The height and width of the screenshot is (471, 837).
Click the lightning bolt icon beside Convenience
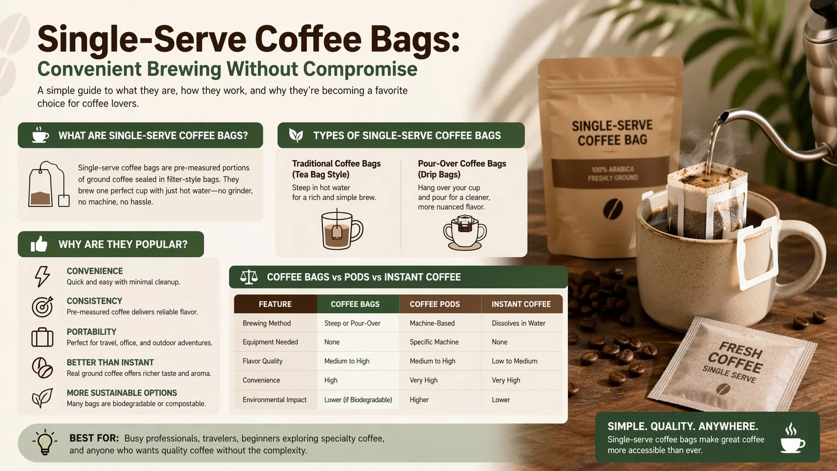pos(42,276)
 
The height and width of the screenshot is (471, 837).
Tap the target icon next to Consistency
pos(42,307)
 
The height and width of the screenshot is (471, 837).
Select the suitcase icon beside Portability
pos(42,337)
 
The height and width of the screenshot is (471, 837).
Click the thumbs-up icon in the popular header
pos(39,244)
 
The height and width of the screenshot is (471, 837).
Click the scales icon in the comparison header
pos(249,277)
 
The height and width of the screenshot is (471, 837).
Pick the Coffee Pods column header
pos(435,304)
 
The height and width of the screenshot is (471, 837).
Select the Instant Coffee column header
pos(521,304)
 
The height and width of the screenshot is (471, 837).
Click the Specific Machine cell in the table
pos(434,342)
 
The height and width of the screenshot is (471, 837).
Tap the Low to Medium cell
pos(515,361)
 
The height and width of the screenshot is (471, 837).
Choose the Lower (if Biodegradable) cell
pos(358,399)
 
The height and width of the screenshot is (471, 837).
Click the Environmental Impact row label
pos(274,399)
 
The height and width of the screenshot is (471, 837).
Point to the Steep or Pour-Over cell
pos(352,323)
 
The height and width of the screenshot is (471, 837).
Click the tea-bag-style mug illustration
pos(341,229)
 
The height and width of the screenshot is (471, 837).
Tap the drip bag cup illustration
pos(465,232)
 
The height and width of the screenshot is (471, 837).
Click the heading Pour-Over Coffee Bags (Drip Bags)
pos(462,169)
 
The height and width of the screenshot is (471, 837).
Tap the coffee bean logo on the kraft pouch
pos(613,208)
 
